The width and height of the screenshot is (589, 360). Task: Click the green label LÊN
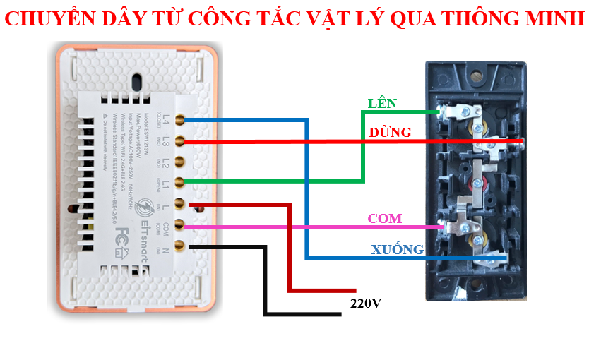(x=382, y=104)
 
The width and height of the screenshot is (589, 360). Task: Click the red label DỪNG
(x=390, y=133)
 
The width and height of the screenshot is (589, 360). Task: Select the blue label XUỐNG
(x=398, y=249)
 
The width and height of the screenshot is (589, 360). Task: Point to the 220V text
(x=366, y=304)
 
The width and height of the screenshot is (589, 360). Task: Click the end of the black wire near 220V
(x=337, y=314)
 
